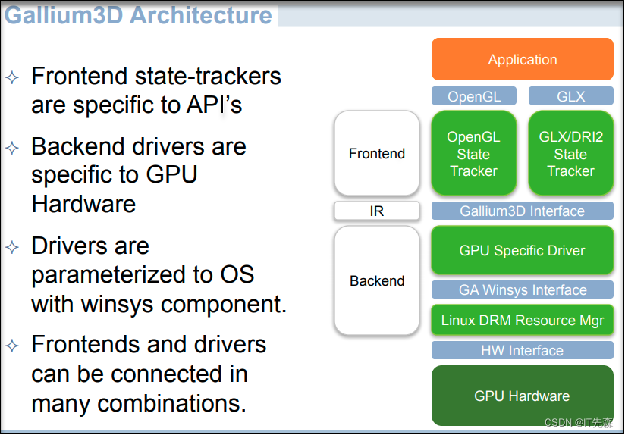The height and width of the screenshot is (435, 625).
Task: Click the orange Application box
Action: point(522,60)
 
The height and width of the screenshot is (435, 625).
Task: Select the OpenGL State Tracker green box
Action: point(473,154)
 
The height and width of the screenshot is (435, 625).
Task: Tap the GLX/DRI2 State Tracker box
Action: point(570,154)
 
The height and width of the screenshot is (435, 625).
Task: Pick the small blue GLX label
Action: point(570,96)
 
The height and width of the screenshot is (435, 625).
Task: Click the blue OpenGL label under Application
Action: point(473,96)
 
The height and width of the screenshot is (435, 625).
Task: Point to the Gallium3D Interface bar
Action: point(522,211)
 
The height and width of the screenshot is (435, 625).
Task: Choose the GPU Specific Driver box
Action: point(522,251)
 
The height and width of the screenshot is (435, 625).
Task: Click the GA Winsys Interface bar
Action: point(522,289)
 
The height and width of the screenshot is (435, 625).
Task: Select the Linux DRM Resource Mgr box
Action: point(522,321)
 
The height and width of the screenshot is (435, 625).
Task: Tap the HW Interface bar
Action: point(522,350)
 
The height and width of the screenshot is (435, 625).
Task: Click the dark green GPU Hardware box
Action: point(522,396)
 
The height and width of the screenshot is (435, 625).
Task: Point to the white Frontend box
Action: point(377,154)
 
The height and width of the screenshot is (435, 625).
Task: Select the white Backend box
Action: point(377,281)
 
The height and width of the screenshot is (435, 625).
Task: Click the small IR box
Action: point(377,211)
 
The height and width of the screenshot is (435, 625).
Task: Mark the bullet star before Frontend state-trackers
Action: point(12,77)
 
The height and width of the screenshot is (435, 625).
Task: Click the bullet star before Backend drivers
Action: point(12,147)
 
